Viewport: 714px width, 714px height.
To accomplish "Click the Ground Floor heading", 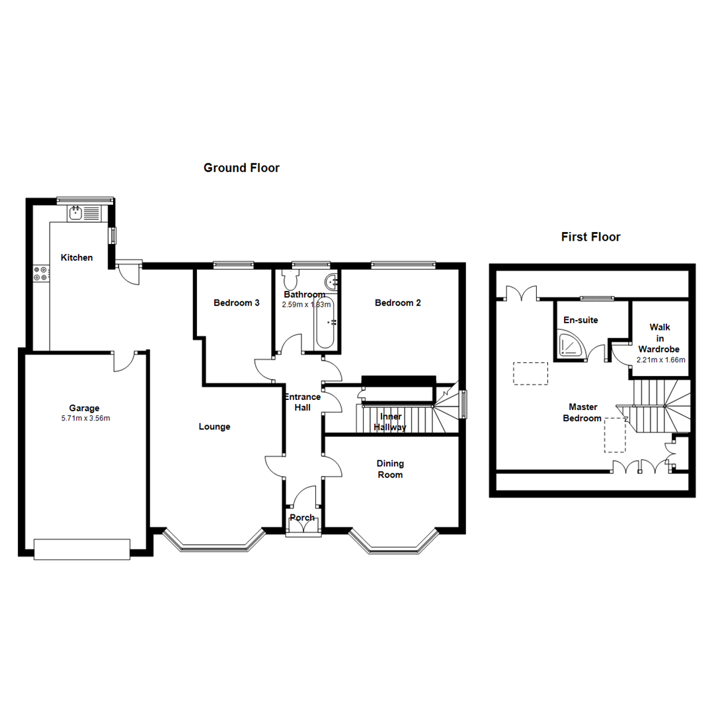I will [x=241, y=168].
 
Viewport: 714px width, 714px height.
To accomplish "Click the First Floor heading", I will [x=590, y=237].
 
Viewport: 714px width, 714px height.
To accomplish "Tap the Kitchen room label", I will [x=77, y=258].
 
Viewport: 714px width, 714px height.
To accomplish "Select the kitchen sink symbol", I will [x=75, y=212].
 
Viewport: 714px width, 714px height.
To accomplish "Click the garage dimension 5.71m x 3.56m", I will [x=84, y=418].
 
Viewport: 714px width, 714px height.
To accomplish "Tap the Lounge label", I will [x=214, y=427].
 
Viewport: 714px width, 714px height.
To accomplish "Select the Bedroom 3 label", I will [x=236, y=303].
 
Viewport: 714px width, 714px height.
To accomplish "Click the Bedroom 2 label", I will [x=397, y=303].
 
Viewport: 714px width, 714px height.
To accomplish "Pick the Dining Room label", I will [x=390, y=469].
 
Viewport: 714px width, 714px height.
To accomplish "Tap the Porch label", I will [x=302, y=517].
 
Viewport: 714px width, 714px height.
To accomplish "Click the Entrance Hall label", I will [x=302, y=402].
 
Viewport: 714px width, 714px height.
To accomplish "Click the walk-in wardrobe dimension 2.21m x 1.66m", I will [x=660, y=360].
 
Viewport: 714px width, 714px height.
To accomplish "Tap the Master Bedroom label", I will [x=582, y=412].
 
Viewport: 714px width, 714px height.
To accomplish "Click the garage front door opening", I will [x=82, y=549].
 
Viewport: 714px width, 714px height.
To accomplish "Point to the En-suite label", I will [x=580, y=320].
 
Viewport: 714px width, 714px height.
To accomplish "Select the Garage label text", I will [x=84, y=408].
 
